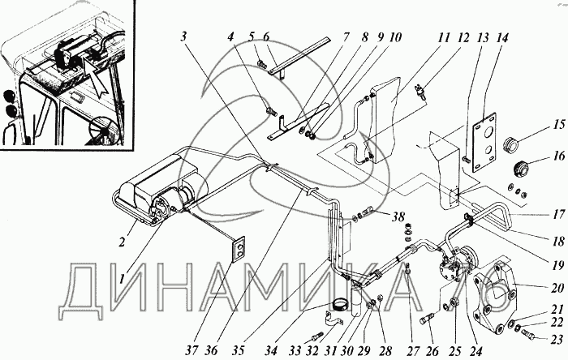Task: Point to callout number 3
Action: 184,36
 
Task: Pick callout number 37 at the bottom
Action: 192,350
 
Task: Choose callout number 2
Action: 122,242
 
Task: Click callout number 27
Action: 413,350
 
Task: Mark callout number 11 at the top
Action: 443,37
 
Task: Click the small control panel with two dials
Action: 239,249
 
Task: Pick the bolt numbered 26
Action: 428,319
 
